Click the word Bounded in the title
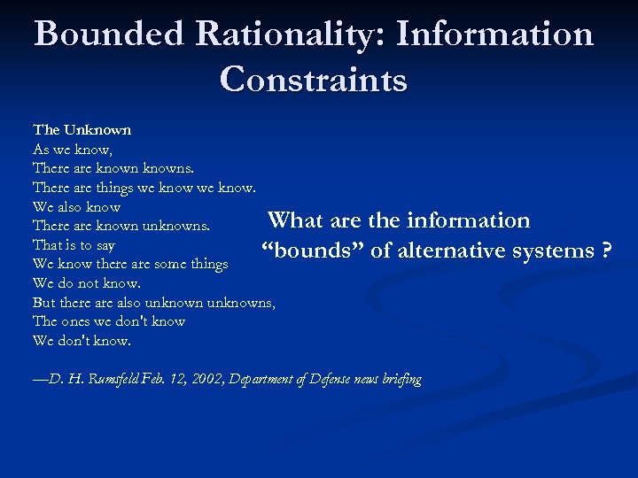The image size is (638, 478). (108, 35)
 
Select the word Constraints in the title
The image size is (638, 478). (314, 79)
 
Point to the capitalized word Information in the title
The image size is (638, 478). (495, 35)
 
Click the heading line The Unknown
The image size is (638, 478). (82, 129)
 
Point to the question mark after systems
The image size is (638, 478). (607, 251)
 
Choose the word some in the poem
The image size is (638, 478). (172, 264)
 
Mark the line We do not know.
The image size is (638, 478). (86, 283)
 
